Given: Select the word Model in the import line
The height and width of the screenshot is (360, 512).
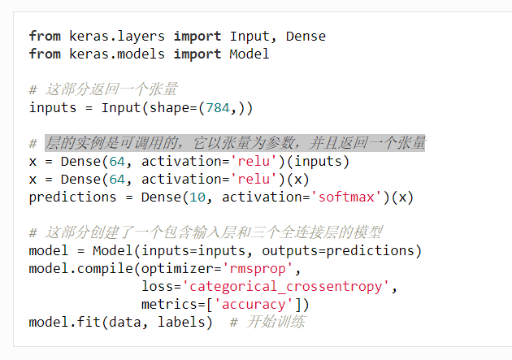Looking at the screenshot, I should pos(249,54).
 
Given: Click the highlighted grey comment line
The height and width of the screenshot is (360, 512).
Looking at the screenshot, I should pos(235,144).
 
